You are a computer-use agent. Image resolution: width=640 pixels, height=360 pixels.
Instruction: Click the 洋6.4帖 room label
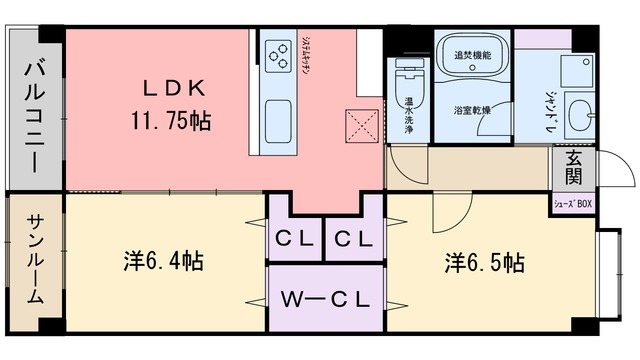(164, 262)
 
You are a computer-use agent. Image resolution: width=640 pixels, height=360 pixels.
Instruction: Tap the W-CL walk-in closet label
(325, 299)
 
